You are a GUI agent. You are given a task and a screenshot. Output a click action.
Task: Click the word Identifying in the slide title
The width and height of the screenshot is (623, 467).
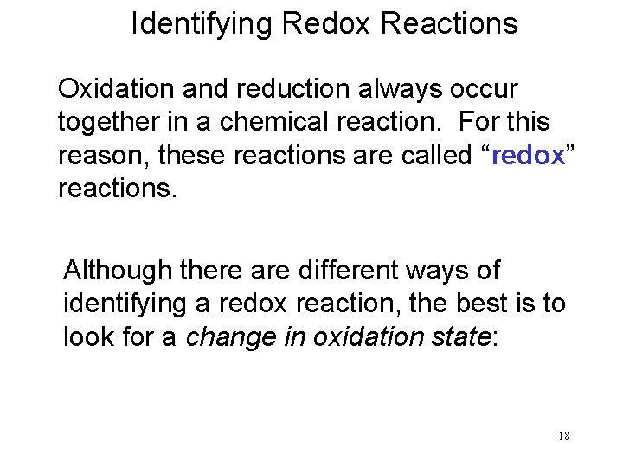click(x=202, y=24)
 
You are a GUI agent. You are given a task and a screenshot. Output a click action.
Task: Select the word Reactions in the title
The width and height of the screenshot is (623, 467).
click(x=449, y=24)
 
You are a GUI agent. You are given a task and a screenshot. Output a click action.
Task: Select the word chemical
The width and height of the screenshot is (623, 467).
click(x=274, y=122)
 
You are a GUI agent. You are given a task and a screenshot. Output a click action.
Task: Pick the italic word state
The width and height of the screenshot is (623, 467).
click(x=459, y=337)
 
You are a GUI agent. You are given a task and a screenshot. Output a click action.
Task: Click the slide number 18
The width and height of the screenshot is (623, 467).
click(x=563, y=436)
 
